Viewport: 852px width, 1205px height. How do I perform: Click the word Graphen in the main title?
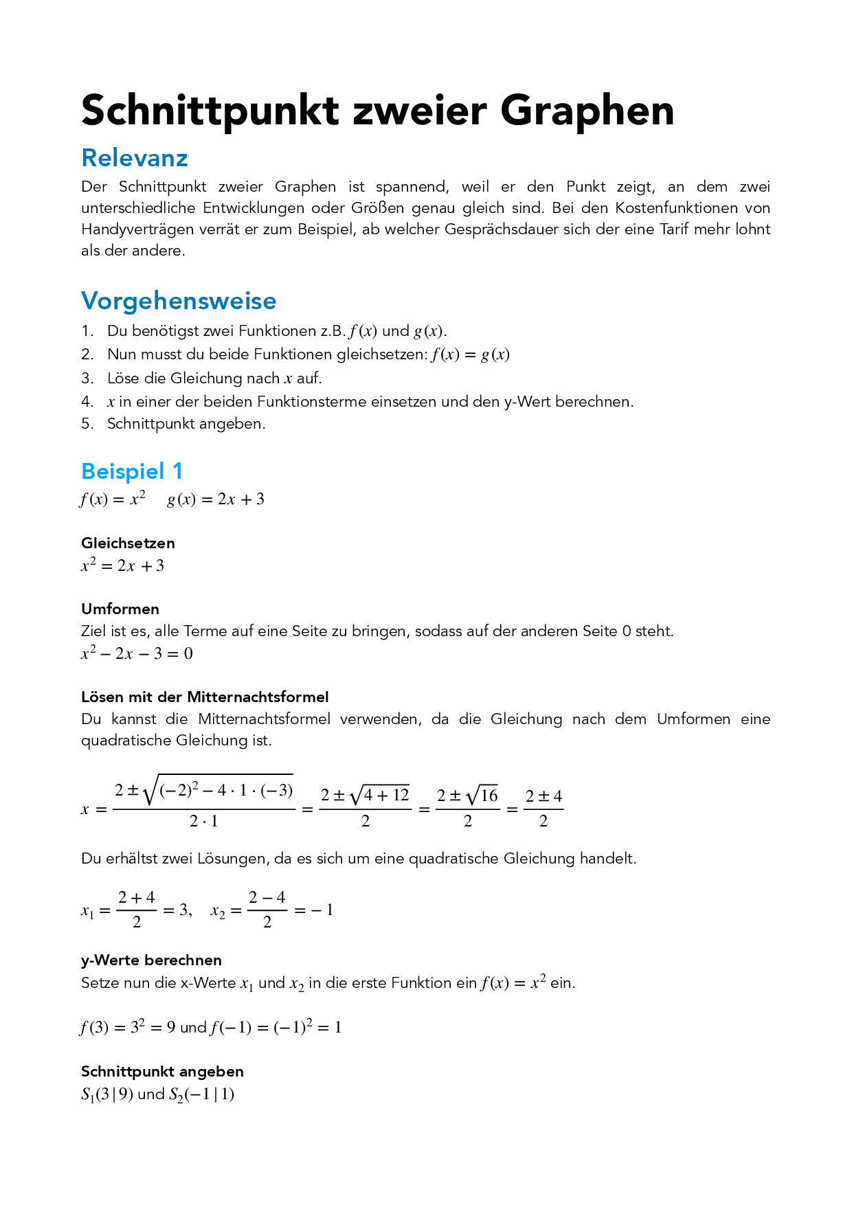click(587, 111)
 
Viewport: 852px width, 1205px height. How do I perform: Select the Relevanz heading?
click(135, 158)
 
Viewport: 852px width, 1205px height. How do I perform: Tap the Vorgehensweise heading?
click(179, 301)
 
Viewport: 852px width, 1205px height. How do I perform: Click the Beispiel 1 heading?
click(132, 471)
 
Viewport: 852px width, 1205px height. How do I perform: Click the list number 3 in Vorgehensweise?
click(87, 379)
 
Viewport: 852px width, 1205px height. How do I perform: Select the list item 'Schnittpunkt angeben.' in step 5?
click(186, 424)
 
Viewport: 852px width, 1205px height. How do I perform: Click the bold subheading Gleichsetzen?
click(128, 543)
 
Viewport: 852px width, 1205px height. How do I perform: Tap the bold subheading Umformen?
click(120, 609)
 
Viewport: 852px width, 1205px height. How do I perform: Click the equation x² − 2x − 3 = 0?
click(137, 653)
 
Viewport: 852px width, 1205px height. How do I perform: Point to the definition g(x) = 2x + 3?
click(216, 499)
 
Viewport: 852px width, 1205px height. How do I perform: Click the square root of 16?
click(482, 796)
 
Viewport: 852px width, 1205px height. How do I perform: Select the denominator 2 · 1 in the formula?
click(203, 821)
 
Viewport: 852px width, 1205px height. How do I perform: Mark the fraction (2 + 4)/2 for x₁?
click(136, 910)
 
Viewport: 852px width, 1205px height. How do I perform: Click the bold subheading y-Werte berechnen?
click(151, 960)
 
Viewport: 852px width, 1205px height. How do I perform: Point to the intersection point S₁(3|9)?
click(107, 1094)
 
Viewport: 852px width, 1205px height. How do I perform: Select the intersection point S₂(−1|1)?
click(201, 1094)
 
